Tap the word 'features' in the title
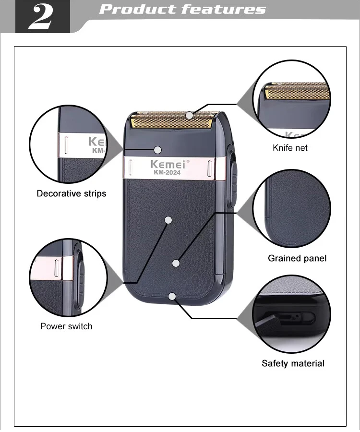pos(223,9)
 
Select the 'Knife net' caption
pos(290,148)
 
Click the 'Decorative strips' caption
pos(72,193)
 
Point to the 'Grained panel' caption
pos(297,258)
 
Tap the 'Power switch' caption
pos(66,326)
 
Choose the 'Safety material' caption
pos(293,363)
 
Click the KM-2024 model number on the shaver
pos(167,172)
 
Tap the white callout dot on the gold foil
pos(189,115)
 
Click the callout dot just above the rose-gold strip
pos(158,150)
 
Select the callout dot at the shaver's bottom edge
pos(172,297)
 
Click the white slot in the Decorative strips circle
pos(66,144)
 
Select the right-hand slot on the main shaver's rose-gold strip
pos(210,168)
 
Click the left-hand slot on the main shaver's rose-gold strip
pos(130,167)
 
